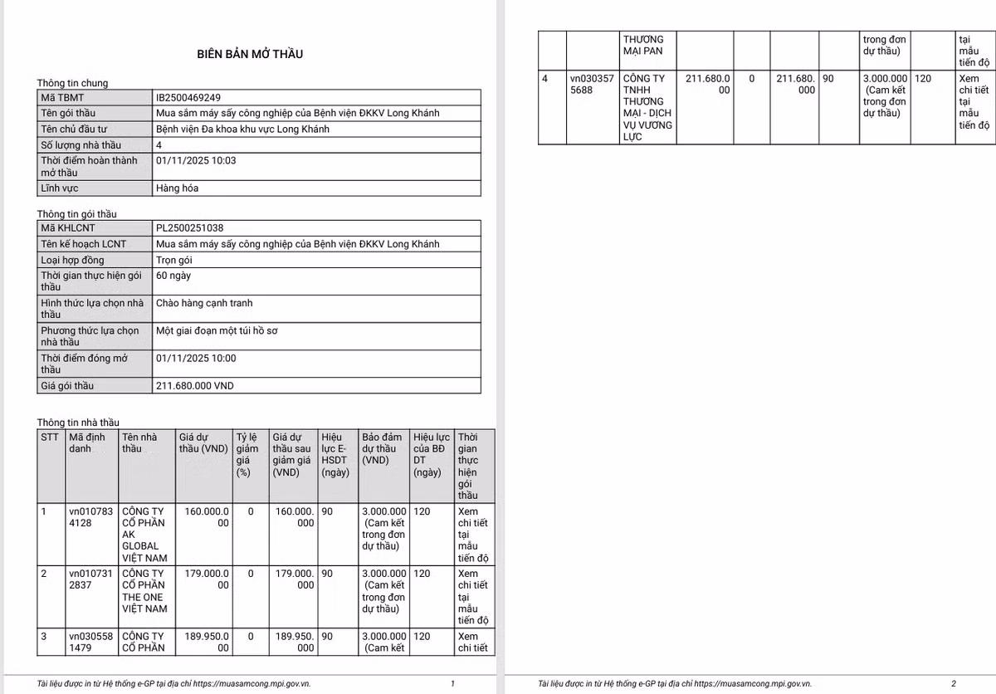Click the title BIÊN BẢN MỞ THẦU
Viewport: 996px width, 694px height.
tap(250, 54)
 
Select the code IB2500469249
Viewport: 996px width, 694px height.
tap(188, 97)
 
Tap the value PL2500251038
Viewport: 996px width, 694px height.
tap(189, 227)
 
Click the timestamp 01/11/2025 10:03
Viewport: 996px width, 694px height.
tap(196, 160)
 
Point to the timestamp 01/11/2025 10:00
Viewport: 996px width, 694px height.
tap(196, 358)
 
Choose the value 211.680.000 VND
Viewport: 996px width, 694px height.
tap(202, 386)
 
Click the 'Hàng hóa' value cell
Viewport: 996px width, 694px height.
tap(177, 188)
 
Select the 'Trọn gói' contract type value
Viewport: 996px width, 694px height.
tap(174, 260)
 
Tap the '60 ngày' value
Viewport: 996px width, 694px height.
tap(173, 276)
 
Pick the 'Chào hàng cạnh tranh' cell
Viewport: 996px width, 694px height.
tap(204, 303)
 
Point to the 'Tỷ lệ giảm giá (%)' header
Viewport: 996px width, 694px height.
tap(247, 454)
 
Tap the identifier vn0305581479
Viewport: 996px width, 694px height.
tap(90, 642)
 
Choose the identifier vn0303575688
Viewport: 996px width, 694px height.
tap(592, 85)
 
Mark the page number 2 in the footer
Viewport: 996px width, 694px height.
tap(954, 683)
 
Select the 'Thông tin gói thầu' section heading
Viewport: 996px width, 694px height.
tap(76, 214)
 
